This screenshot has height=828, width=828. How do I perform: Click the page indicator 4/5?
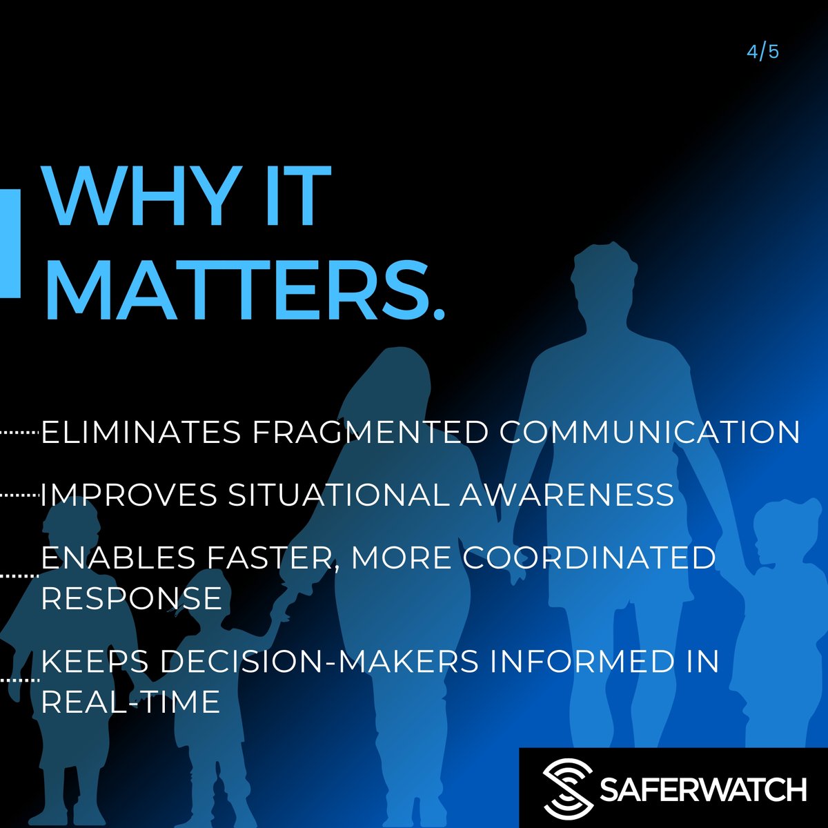pos(762,52)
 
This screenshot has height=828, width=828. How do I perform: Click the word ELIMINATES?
pos(141,433)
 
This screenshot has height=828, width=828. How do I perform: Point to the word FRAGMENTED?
pos(369,433)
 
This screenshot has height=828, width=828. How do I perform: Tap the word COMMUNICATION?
pos(649,433)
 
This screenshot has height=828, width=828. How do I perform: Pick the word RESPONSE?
pos(131,598)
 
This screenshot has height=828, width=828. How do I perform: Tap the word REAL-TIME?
pos(130,702)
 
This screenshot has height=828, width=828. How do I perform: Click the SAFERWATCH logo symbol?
pos(567,788)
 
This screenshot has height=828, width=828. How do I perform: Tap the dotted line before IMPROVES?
pos(20,495)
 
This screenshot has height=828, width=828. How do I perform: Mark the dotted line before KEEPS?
pos(20,680)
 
